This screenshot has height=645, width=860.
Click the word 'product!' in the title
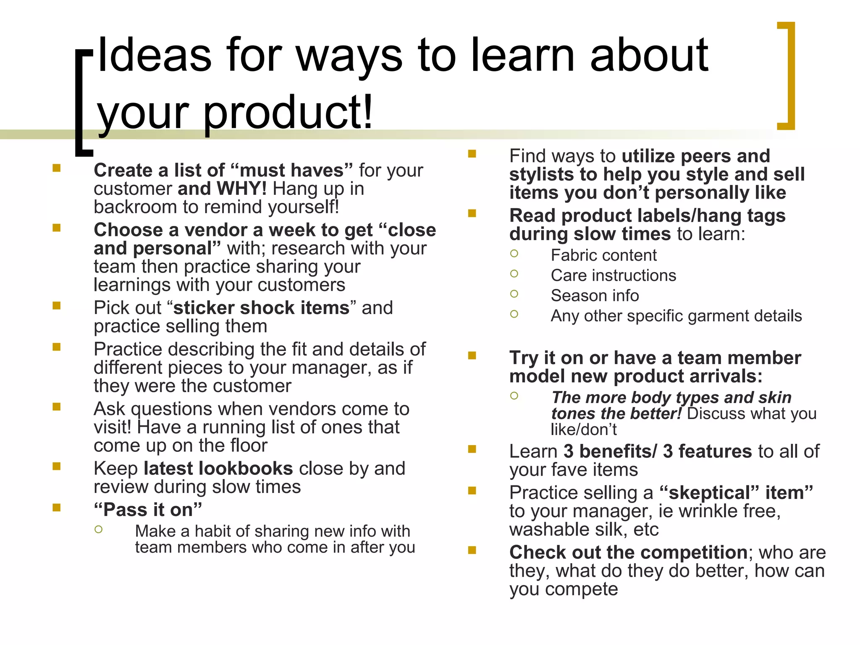(x=288, y=113)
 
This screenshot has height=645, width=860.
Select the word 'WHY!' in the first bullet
(x=243, y=189)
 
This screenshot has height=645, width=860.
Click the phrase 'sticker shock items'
(x=261, y=308)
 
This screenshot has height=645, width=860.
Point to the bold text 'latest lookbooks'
(x=218, y=469)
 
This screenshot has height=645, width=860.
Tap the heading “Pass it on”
(x=148, y=510)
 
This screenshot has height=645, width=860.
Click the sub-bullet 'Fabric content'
(x=603, y=255)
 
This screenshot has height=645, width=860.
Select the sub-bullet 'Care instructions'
(x=613, y=275)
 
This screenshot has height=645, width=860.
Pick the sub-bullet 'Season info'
(x=595, y=296)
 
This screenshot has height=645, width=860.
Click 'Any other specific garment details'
(x=676, y=316)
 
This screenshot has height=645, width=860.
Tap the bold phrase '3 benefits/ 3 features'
(x=657, y=451)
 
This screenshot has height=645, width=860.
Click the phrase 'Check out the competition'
(x=628, y=553)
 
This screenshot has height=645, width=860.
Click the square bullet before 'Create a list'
(x=57, y=168)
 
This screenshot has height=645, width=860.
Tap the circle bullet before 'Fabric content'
(x=514, y=254)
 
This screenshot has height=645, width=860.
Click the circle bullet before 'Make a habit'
(x=99, y=530)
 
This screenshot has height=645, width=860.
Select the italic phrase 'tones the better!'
(x=616, y=414)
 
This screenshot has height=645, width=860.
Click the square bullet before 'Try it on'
(x=472, y=356)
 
